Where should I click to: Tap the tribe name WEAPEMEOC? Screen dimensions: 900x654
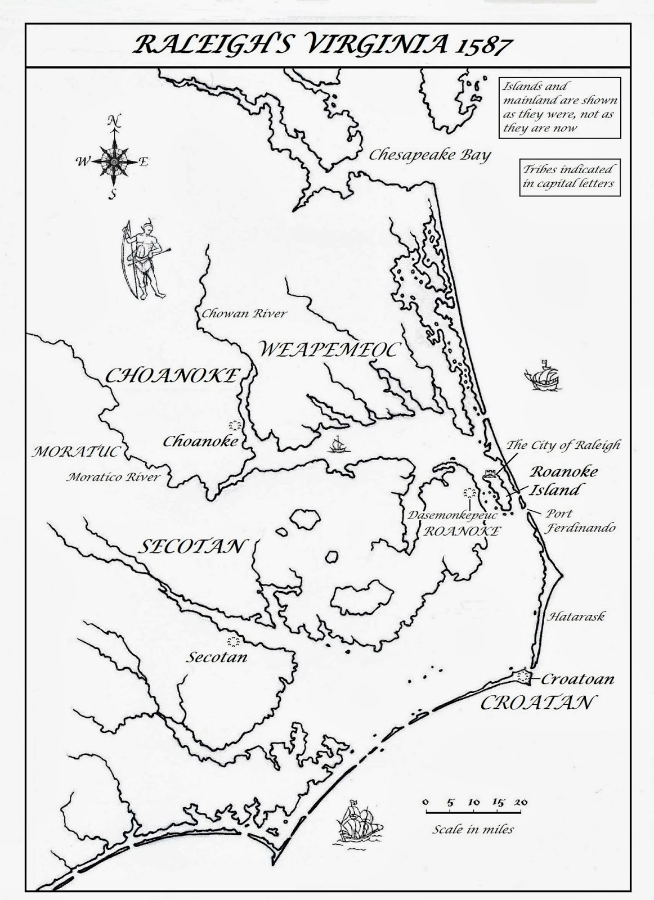[x=329, y=349]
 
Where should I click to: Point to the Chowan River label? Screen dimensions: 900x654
[x=244, y=313]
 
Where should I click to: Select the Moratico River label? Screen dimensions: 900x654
[x=113, y=478]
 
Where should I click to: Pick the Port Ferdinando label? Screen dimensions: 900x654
[x=579, y=520]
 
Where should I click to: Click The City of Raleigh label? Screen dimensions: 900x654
[x=563, y=445]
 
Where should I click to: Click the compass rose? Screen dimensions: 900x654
[x=114, y=161]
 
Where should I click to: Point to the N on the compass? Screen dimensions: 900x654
[x=115, y=121]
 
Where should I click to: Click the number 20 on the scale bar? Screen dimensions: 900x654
[x=521, y=802]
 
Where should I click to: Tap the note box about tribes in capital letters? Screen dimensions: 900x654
[x=570, y=177]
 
